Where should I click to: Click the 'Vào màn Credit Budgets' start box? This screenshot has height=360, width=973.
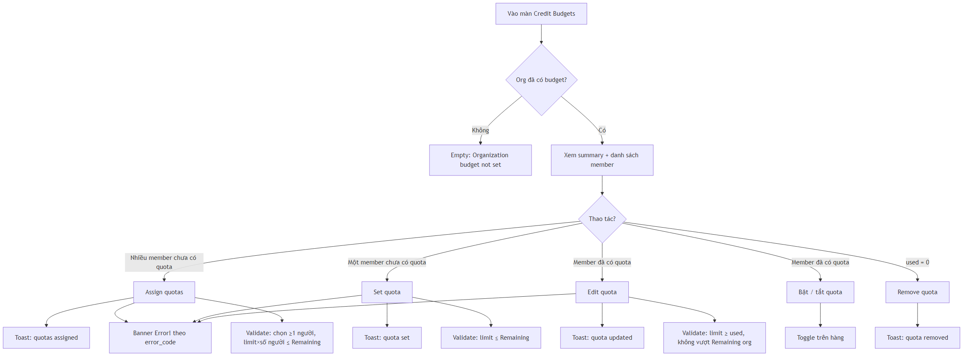tap(541, 14)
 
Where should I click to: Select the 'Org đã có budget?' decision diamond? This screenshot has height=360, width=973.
tap(541, 80)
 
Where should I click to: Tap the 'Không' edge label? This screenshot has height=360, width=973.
tap(480, 130)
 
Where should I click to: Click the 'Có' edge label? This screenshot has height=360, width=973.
tap(602, 130)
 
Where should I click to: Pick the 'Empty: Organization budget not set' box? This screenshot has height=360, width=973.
tap(480, 160)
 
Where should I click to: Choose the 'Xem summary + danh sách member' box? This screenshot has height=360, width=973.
tap(602, 160)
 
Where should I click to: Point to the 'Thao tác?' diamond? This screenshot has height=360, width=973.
tap(602, 219)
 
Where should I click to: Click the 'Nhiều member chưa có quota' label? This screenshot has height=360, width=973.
tap(164, 262)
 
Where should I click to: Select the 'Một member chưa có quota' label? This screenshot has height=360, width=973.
tap(387, 262)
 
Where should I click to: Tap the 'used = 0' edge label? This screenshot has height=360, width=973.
tap(917, 262)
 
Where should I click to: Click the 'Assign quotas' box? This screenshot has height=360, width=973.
tap(164, 292)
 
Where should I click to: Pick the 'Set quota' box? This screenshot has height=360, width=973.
tap(387, 292)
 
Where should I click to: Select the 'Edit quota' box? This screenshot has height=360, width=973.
tap(602, 292)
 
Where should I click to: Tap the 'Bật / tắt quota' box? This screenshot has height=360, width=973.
tap(820, 292)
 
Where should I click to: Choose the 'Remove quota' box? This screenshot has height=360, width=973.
tap(917, 292)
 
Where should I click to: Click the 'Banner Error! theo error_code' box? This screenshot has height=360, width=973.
tap(160, 338)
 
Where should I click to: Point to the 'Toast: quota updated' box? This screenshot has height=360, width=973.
tap(602, 338)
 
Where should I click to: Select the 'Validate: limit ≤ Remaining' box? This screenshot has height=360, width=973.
tap(491, 338)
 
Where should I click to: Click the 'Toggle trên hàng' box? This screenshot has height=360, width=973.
tap(820, 338)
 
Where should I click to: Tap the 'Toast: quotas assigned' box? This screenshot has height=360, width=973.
tap(46, 338)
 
